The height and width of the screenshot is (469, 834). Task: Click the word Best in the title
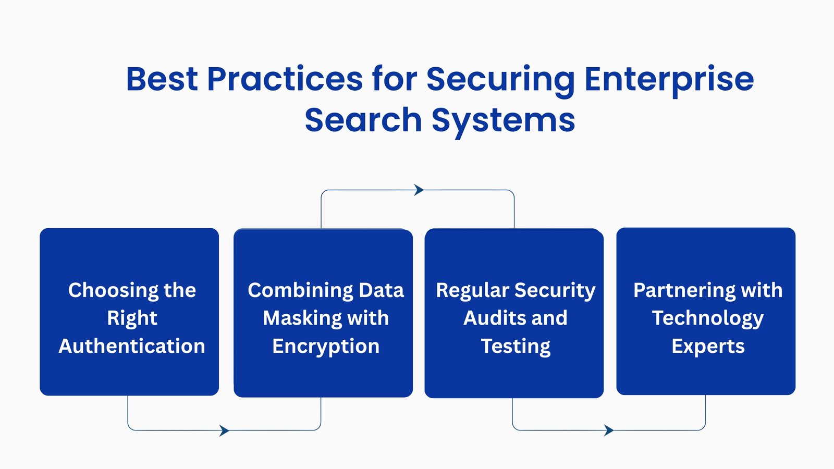[x=162, y=79]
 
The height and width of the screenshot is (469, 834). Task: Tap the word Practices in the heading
[x=285, y=79]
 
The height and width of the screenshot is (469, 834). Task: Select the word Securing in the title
[x=500, y=80]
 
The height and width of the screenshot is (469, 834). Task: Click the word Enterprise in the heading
[x=669, y=80]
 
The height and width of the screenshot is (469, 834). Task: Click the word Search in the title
[x=363, y=120]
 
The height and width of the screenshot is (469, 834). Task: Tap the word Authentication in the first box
[x=132, y=346]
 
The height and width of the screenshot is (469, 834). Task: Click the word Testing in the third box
[x=516, y=347]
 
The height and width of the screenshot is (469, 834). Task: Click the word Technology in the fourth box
[x=707, y=318]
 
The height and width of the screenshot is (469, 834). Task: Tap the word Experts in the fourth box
[x=708, y=347]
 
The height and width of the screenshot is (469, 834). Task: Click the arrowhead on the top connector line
[x=419, y=190]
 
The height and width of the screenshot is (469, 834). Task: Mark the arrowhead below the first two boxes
[x=225, y=430]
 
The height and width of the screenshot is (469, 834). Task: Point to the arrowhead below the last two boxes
[x=609, y=430]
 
